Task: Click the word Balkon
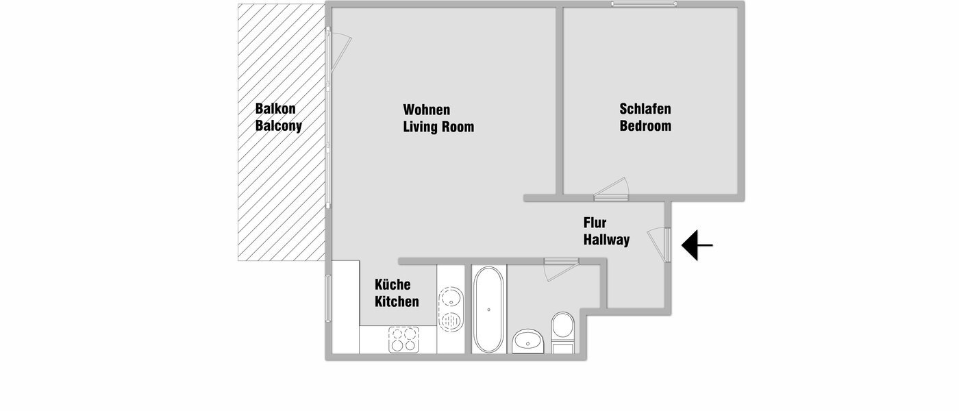275,109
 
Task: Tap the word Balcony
278,126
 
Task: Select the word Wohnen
427,110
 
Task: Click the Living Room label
438,127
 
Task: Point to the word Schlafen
645,109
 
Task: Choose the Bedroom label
645,126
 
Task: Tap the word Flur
595,223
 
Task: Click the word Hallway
606,240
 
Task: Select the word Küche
393,284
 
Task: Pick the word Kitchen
397,301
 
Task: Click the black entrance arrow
697,245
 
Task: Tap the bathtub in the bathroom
488,310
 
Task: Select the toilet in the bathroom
564,330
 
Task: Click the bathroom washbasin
528,340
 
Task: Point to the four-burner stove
403,338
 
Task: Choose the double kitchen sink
450,309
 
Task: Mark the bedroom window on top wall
644,4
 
